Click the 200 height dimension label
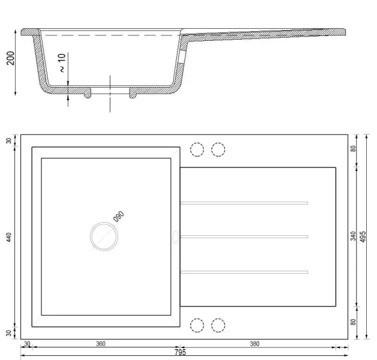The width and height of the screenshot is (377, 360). pyautogui.click(x=11, y=58)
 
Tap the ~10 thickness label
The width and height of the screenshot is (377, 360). pyautogui.click(x=62, y=63)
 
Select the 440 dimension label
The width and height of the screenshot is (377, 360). pyautogui.click(x=8, y=237)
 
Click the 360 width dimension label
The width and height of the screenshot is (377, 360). pyautogui.click(x=101, y=344)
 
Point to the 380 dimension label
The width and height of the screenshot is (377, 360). pyautogui.click(x=255, y=344)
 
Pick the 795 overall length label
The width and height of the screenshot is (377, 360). pyautogui.click(x=180, y=352)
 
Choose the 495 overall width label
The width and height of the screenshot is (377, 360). pyautogui.click(x=363, y=236)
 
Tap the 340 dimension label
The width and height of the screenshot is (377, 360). pyautogui.click(x=353, y=236)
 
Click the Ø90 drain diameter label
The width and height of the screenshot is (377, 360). pyautogui.click(x=119, y=217)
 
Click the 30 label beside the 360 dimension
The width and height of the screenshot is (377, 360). pyautogui.click(x=27, y=344)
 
